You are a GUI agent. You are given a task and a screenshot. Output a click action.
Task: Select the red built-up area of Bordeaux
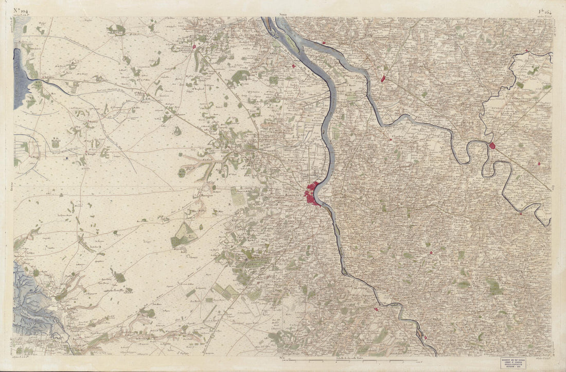point(312,194)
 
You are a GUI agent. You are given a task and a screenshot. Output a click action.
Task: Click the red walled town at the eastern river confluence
point(492,146)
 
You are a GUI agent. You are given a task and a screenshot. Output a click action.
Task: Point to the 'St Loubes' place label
point(396,136)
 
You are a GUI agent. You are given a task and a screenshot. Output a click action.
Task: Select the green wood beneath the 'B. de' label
point(56,145)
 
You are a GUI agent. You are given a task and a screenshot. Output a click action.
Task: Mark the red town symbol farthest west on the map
point(194,47)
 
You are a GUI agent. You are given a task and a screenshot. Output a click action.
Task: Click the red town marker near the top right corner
point(527,50)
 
